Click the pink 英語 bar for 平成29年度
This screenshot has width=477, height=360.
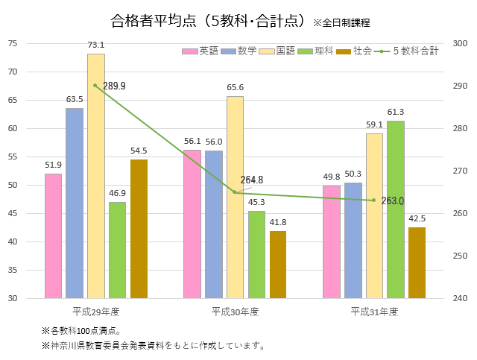tap(53, 236)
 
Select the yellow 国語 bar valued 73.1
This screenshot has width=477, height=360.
tap(95, 176)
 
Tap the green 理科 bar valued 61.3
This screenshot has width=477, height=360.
tap(395, 209)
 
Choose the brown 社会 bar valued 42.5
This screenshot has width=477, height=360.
tap(417, 262)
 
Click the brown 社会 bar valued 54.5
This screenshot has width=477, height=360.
tap(139, 229)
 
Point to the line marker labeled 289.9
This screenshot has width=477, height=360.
tap(95, 85)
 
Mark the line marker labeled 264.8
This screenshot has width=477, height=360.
tap(235, 192)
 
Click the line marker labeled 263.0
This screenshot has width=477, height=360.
tap(374, 200)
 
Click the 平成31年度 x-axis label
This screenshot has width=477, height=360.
tap(374, 311)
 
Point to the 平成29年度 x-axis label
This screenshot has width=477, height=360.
tap(95, 311)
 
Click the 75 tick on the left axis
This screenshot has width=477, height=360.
tap(33, 43)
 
